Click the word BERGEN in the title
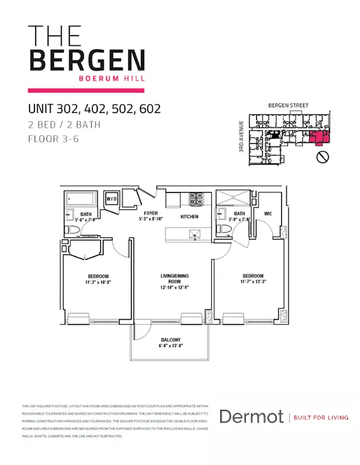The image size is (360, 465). pos(87,60)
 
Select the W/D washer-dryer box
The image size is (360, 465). pos(112,199)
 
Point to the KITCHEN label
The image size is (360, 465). pos(190,217)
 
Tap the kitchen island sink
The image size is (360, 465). pos(195,234)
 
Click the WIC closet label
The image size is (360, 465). pos(268,213)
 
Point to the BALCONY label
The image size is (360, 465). pos(170,340)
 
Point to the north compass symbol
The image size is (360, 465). pos(323,157)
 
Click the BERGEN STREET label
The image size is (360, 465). pos(288,105)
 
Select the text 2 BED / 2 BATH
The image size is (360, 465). pos(64,124)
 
